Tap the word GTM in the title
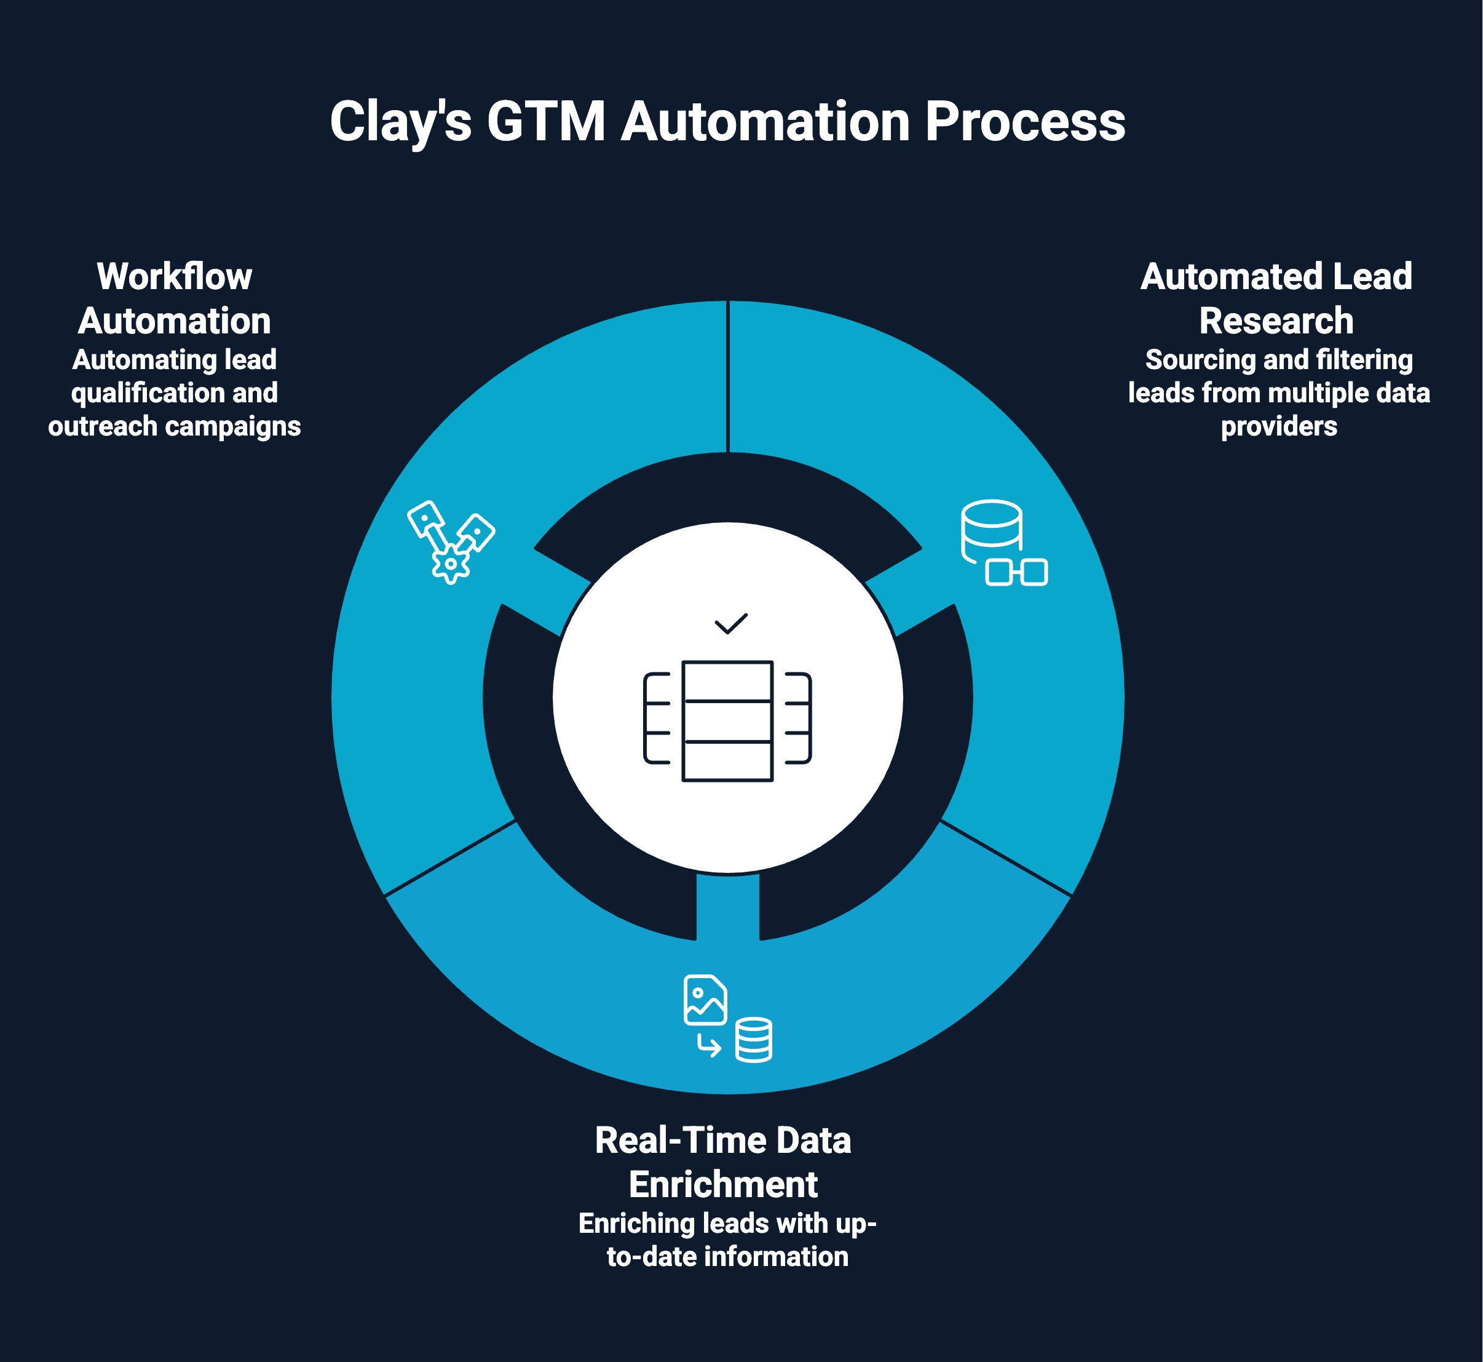click(x=545, y=122)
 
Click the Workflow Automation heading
click(x=175, y=298)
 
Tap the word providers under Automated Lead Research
click(x=1278, y=426)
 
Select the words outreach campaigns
click(x=175, y=426)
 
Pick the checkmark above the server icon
click(x=731, y=624)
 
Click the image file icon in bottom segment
click(x=705, y=1000)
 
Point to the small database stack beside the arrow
click(x=754, y=1040)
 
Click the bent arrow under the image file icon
click(x=709, y=1045)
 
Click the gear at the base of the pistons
click(x=450, y=564)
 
